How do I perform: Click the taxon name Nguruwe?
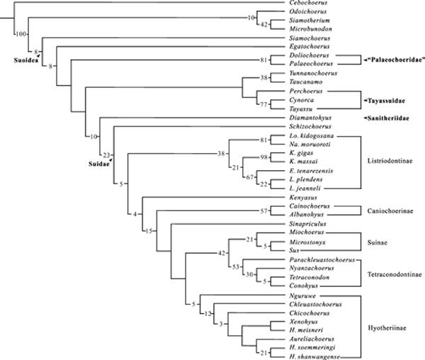click(x=302, y=294)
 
